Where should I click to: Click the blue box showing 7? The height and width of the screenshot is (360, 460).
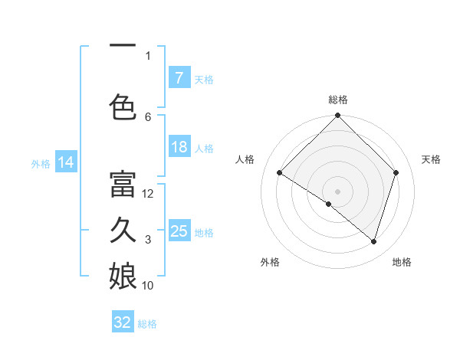tap(179, 77)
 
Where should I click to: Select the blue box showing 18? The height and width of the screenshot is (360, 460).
tap(179, 147)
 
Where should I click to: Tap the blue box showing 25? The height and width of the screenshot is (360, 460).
tap(179, 231)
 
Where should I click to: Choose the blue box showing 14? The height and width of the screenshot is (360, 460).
tap(65, 162)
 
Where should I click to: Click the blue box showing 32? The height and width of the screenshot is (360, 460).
tap(123, 322)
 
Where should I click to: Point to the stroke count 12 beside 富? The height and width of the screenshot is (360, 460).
tap(149, 194)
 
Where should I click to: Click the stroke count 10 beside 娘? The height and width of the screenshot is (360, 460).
tap(148, 286)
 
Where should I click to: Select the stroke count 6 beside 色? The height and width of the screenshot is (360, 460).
tap(148, 116)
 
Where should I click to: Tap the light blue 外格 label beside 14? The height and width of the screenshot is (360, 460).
tap(41, 163)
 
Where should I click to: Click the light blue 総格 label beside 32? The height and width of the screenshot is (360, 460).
tap(147, 324)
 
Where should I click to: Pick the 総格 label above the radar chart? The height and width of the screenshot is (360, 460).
tap(337, 100)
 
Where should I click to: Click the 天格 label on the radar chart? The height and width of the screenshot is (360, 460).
tap(432, 159)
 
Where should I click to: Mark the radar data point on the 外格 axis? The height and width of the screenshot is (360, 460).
tap(329, 204)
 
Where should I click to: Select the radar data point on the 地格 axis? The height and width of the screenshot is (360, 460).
tap(373, 241)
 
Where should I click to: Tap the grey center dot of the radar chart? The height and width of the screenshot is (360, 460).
tap(337, 191)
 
